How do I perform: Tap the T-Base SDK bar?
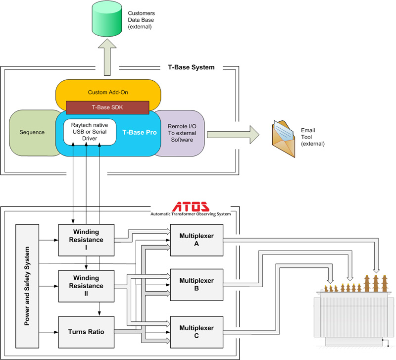pyautogui.click(x=107, y=106)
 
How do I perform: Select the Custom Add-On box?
pyautogui.click(x=107, y=92)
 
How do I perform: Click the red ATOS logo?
pyautogui.click(x=192, y=206)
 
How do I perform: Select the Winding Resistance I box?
pyautogui.click(x=86, y=240)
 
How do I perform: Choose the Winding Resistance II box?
pyautogui.click(x=86, y=286)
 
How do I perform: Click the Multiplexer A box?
pyautogui.click(x=197, y=240)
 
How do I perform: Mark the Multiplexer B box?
pyautogui.click(x=197, y=285)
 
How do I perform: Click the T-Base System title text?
pyautogui.click(x=191, y=67)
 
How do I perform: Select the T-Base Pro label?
pyautogui.click(x=140, y=133)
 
